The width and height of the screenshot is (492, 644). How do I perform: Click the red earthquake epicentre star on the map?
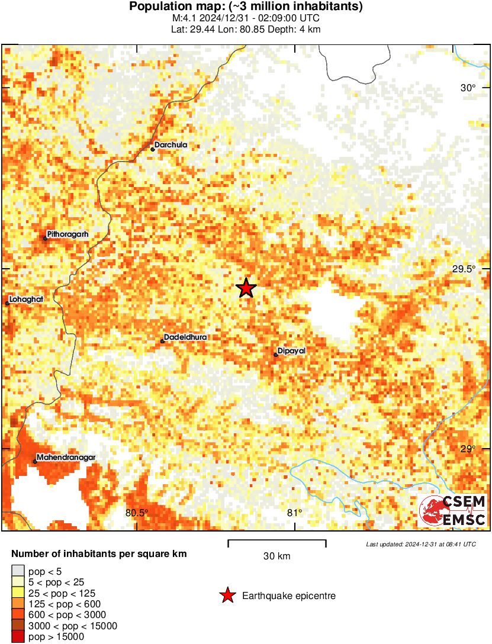pos(246,288)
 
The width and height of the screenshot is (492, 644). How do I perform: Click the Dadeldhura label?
pos(185,337)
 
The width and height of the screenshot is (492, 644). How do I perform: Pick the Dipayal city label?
pos(291,351)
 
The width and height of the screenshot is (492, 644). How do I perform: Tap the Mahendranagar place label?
pos(66,458)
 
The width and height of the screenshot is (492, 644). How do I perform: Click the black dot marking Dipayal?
pos(276,355)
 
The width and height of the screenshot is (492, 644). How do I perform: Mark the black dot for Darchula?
pos(153,149)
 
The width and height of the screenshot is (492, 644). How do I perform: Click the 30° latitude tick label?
pos(468,88)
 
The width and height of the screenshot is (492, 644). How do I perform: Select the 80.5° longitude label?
pos(137,513)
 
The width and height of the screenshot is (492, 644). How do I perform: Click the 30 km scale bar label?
pos(276,556)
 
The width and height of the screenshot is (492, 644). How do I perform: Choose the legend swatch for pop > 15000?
pos(18,637)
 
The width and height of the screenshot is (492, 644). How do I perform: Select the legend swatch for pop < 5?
pos(18,571)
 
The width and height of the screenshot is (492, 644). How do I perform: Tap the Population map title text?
pos(246,7)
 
